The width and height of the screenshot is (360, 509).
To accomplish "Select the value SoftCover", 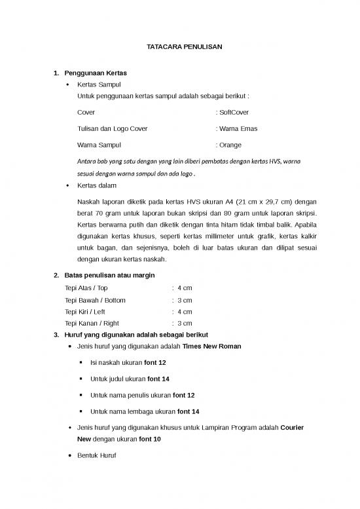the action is [x=234, y=113].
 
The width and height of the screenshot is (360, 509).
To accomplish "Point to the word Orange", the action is [x=230, y=145].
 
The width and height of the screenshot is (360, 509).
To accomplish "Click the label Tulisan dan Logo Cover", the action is [x=112, y=128].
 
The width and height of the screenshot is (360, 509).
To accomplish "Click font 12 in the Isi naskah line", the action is [x=154, y=362].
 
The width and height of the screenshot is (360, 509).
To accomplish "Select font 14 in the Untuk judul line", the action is [x=157, y=379].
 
